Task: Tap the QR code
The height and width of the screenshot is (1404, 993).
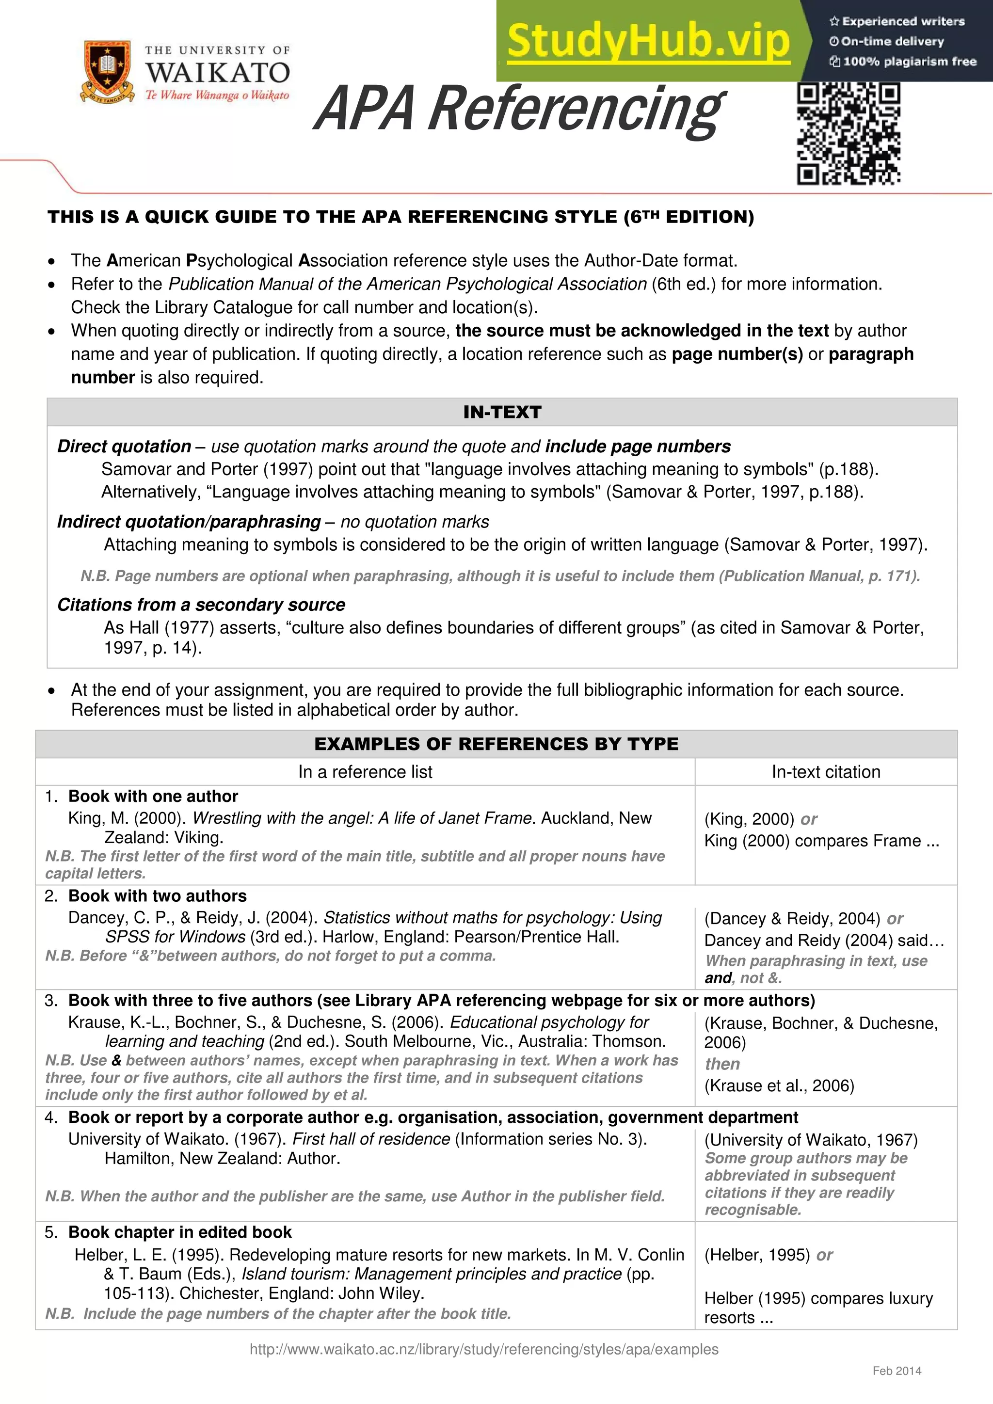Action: [x=848, y=134]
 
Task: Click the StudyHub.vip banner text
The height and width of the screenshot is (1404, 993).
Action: [x=648, y=41]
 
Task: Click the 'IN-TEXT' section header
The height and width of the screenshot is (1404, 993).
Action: [x=502, y=412]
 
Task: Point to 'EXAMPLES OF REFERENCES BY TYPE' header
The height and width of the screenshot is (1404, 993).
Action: [x=496, y=744]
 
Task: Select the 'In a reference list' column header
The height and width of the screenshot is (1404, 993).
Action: [x=365, y=772]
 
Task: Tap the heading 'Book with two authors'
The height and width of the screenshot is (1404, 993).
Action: [x=157, y=896]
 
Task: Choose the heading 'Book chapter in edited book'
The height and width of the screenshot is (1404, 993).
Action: [x=180, y=1232]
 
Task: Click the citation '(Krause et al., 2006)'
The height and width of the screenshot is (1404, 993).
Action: [x=779, y=1085]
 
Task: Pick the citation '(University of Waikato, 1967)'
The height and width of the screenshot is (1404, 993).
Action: [x=811, y=1140]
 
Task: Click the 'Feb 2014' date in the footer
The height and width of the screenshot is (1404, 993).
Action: [x=897, y=1371]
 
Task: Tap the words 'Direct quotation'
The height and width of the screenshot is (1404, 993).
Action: [x=124, y=447]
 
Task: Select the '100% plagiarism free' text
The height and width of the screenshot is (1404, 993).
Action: [x=909, y=61]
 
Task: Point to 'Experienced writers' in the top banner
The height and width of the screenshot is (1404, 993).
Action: [x=902, y=21]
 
